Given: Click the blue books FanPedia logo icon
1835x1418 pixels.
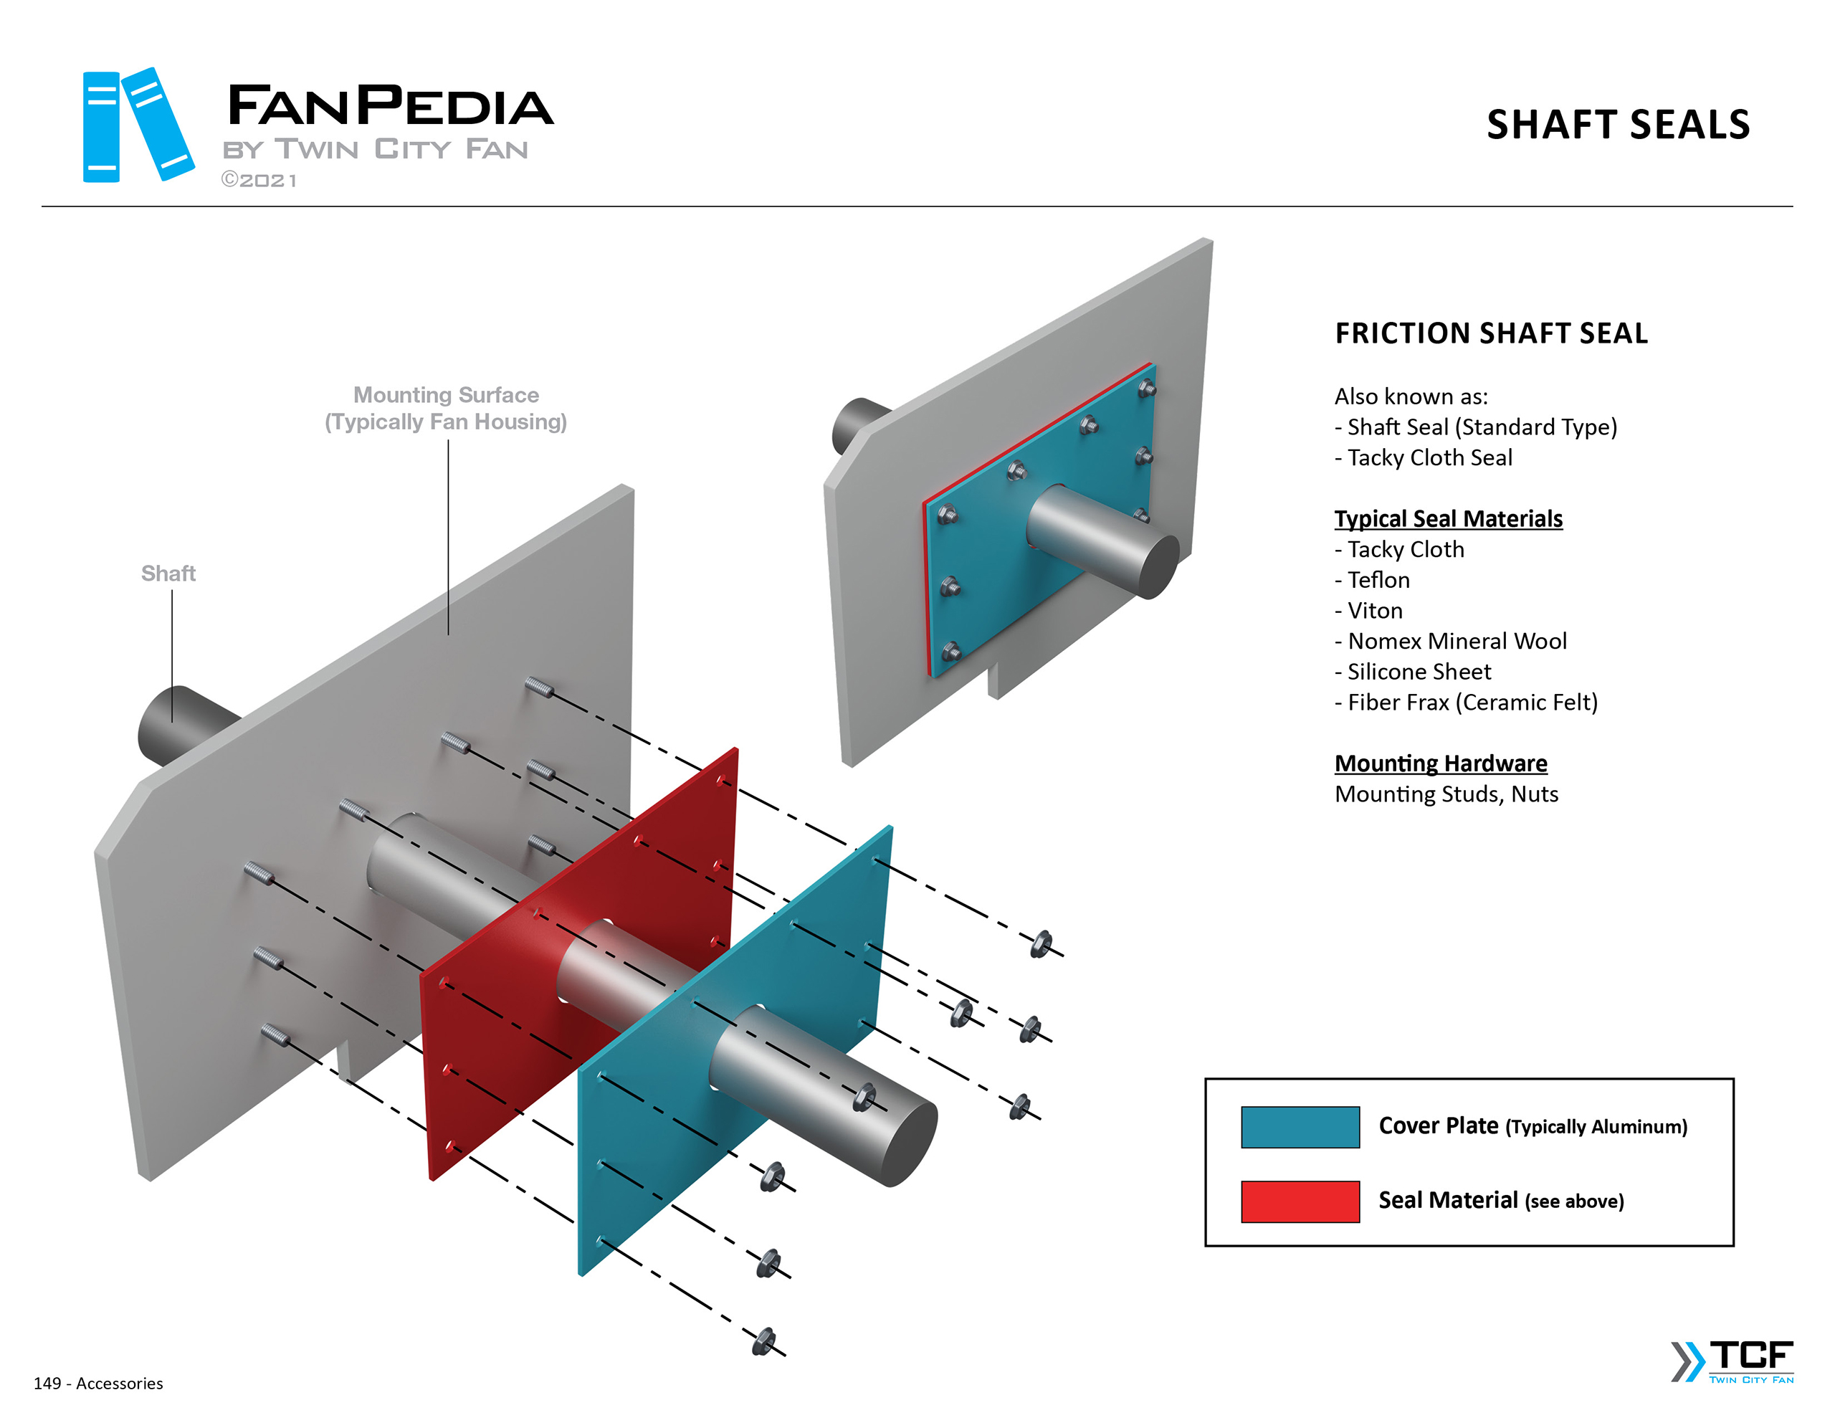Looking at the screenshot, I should [137, 125].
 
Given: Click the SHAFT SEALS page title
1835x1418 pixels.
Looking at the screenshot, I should [1617, 125].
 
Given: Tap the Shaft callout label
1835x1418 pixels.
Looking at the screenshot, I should [168, 574].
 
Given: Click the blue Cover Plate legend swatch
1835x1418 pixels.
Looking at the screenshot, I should [1299, 1126].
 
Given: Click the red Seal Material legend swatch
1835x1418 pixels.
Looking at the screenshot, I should [1299, 1200].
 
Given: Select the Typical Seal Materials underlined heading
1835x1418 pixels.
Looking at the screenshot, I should [1448, 518].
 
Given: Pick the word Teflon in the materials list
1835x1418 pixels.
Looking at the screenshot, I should [1378, 580].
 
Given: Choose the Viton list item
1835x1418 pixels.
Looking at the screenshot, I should [1375, 610].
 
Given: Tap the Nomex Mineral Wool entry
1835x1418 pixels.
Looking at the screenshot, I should [1456, 642].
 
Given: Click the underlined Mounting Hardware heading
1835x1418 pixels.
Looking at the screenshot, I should [1440, 763].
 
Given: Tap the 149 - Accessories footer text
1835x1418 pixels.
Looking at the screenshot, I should [98, 1383].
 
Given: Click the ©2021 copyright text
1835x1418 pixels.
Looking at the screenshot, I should [259, 181].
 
